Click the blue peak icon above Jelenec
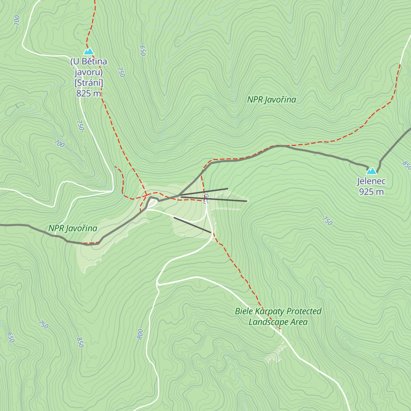[x=372, y=171]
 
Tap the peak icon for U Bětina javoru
[x=89, y=51]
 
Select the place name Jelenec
[x=371, y=181]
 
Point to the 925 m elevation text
[x=371, y=192]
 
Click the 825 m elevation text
[x=89, y=94]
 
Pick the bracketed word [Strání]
[x=89, y=83]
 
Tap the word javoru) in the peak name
[x=89, y=72]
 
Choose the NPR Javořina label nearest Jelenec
[x=272, y=100]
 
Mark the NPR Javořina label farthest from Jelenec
[x=73, y=228]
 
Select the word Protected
[x=304, y=311]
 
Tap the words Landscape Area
[x=278, y=322]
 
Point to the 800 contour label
[x=140, y=334]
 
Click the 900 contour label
[x=206, y=199]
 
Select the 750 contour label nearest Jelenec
[x=327, y=221]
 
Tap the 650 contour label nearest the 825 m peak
[x=142, y=51]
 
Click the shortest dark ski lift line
[x=192, y=225]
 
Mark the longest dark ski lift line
[x=212, y=198]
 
